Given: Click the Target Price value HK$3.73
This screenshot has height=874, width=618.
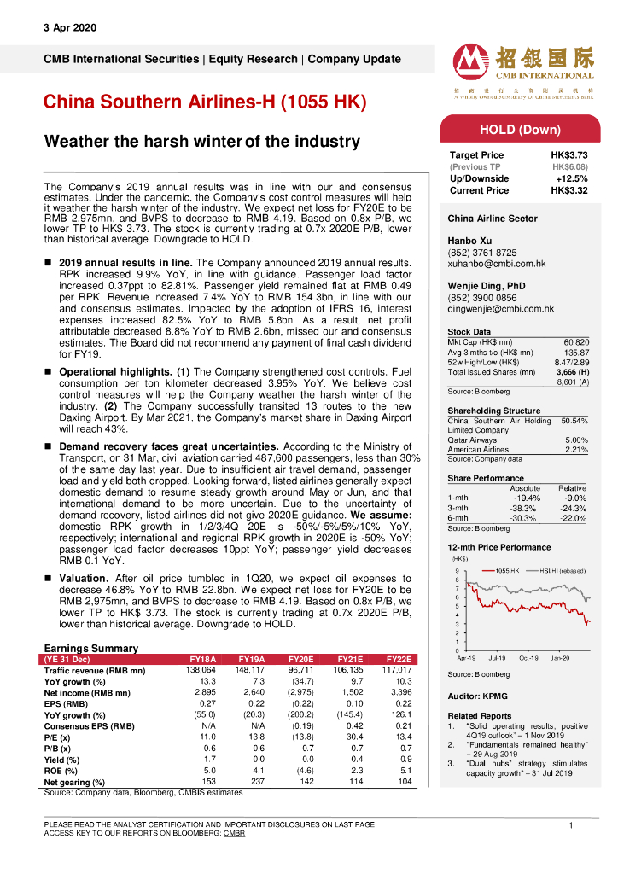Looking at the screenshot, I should [x=569, y=155].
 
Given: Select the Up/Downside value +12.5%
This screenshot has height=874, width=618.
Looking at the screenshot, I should [x=571, y=179].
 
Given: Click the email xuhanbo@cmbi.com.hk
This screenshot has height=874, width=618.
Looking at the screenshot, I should [x=497, y=265].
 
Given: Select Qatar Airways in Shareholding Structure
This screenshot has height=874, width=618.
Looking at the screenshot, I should [x=472, y=440].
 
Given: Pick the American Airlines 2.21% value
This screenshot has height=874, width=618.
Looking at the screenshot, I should [x=576, y=450].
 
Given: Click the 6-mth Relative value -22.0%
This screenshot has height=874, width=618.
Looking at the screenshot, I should [x=573, y=518].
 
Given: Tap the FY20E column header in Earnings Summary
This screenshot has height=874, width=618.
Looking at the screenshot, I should [x=300, y=660].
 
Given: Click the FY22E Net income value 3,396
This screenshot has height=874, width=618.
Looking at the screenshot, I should [x=399, y=693].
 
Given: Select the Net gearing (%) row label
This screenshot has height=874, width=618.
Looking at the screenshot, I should [x=74, y=782].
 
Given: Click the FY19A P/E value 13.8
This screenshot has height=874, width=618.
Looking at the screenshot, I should [x=252, y=737].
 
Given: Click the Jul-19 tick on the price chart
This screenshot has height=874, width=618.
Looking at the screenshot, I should [x=499, y=658].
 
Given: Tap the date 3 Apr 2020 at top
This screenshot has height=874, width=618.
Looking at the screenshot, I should [x=70, y=28].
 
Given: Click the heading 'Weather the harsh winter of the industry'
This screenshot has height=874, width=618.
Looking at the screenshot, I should [x=201, y=141].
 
